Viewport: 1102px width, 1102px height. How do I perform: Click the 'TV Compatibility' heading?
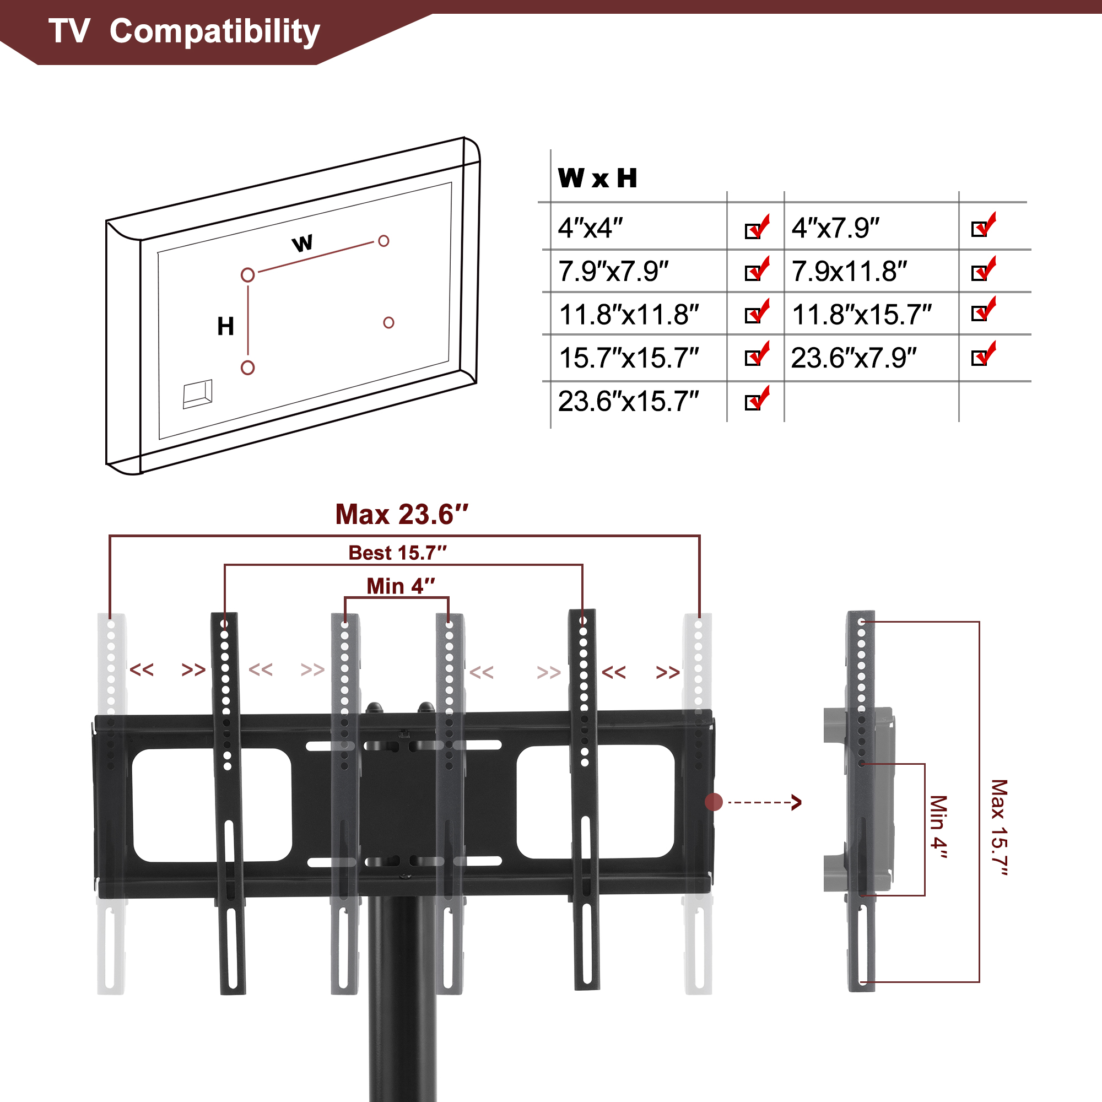(x=184, y=31)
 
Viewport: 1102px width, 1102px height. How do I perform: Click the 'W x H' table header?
(x=597, y=178)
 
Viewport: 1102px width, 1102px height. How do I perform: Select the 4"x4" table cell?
(x=590, y=228)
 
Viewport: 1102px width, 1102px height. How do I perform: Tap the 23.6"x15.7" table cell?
(x=628, y=401)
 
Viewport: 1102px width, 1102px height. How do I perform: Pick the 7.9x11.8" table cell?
(x=849, y=271)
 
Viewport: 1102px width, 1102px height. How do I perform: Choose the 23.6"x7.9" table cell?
(x=854, y=358)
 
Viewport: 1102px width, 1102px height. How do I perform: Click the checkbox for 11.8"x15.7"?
(x=984, y=309)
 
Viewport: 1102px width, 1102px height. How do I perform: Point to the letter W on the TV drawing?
(x=302, y=243)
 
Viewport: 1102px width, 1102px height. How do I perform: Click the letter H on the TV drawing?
(x=226, y=326)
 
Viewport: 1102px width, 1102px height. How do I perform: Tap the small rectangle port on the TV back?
(x=197, y=394)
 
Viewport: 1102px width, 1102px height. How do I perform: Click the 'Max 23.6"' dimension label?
(x=402, y=515)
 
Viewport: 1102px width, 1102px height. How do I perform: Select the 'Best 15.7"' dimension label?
(x=398, y=553)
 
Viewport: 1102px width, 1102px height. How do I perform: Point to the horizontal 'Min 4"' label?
(x=401, y=586)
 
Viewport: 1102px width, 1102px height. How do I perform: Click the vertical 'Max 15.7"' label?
(x=1000, y=828)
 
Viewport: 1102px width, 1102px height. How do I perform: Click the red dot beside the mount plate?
(x=714, y=802)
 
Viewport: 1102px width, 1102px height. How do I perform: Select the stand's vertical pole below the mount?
(x=402, y=998)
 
